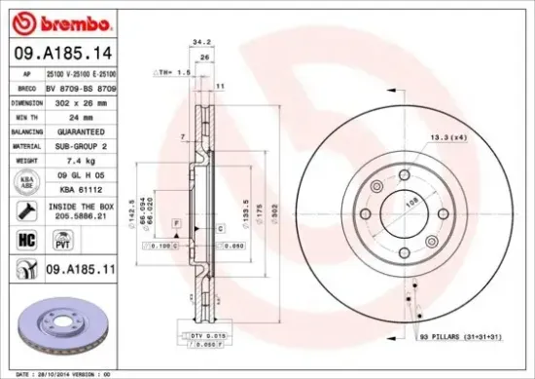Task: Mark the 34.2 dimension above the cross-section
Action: click(201, 70)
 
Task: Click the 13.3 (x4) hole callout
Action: click(446, 139)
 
